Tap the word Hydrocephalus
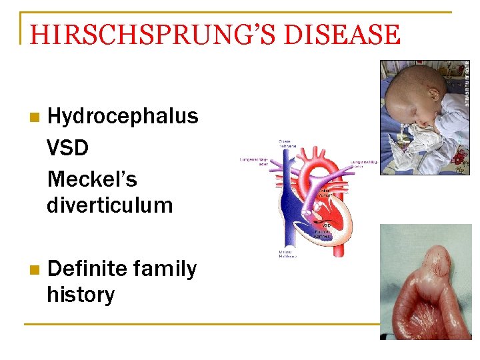pos(123,116)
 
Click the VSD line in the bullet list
pos(67,147)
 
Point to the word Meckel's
pos(92,179)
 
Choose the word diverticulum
pos(109,205)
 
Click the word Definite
pos(88,269)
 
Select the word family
pos(164,269)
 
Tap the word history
pos(80,294)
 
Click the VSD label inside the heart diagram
pos(327,225)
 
